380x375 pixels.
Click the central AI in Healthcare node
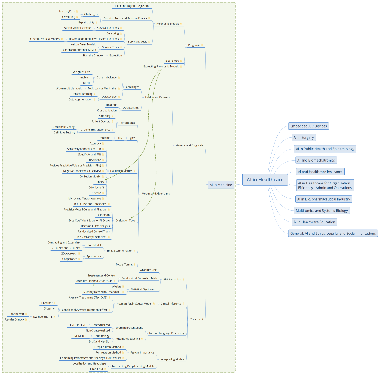click(265, 180)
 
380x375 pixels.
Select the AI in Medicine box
click(221, 185)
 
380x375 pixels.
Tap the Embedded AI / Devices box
click(308, 126)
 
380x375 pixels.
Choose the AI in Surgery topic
click(303, 137)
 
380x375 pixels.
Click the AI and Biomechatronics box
click(316, 160)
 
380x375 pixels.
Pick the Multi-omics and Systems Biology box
click(321, 211)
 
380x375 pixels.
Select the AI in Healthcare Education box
click(314, 222)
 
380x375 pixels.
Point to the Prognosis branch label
click(194, 45)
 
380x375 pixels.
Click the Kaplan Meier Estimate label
click(77, 28)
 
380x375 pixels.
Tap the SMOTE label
click(86, 83)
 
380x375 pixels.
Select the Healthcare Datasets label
click(157, 97)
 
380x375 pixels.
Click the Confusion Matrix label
click(90, 177)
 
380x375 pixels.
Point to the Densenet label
click(104, 138)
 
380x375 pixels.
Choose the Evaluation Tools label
click(126, 220)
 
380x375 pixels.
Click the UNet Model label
click(94, 245)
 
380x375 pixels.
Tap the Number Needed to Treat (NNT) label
click(102, 292)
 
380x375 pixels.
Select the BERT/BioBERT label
click(77, 325)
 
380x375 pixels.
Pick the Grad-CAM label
click(97, 369)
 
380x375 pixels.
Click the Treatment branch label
click(197, 319)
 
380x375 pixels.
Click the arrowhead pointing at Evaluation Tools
click(132, 217)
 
